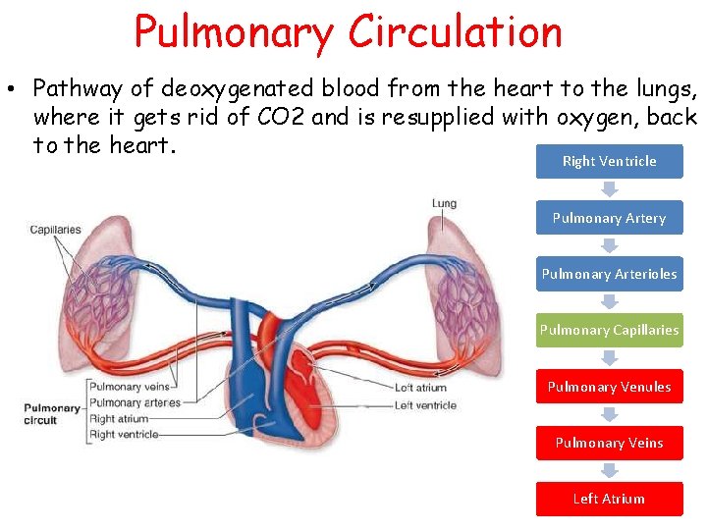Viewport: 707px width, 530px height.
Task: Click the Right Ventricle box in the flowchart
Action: tap(609, 161)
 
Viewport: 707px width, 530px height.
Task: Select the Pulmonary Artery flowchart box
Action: tap(609, 218)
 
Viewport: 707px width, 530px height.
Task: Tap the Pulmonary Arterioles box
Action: tap(609, 274)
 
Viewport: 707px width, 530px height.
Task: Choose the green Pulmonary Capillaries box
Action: tap(609, 330)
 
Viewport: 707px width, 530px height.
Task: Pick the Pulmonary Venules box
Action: tap(609, 387)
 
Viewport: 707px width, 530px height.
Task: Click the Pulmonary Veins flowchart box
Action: tap(609, 443)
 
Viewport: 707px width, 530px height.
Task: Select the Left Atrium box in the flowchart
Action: tap(609, 499)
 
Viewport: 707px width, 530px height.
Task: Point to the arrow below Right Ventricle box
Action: tap(609, 189)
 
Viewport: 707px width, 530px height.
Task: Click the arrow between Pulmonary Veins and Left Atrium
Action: tap(609, 471)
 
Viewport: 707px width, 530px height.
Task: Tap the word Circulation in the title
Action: tap(455, 31)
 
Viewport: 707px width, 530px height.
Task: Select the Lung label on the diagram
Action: tap(444, 204)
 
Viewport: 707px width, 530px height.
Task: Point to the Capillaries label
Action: tap(55, 230)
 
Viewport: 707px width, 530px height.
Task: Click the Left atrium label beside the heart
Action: tap(420, 388)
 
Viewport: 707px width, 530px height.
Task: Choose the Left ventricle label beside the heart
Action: tap(425, 404)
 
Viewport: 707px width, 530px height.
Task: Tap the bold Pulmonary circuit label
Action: tap(52, 414)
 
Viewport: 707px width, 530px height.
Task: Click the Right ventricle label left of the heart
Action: tap(124, 434)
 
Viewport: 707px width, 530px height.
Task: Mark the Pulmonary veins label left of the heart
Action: tap(129, 387)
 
